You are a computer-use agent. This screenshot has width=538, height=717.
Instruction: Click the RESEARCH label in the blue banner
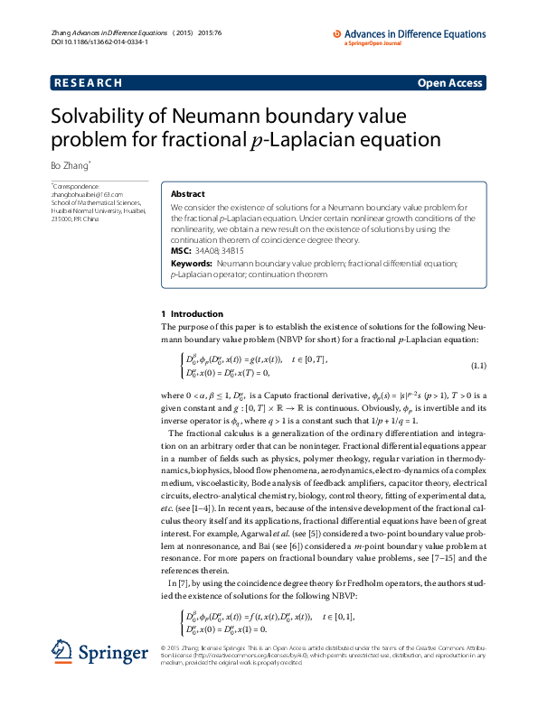[x=88, y=83]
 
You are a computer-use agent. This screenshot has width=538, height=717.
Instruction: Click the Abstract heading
[x=187, y=193]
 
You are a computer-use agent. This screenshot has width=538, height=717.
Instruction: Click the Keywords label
[x=191, y=263]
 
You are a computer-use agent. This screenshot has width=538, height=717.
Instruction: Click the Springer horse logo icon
[x=62, y=652]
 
